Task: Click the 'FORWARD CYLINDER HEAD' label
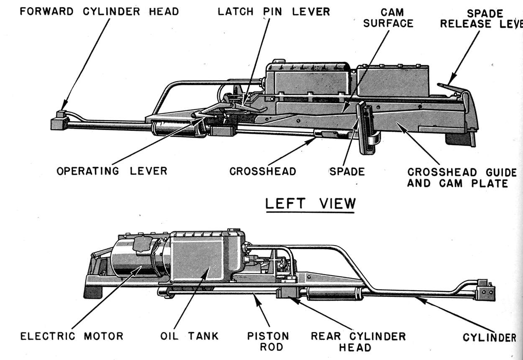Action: pyautogui.click(x=99, y=11)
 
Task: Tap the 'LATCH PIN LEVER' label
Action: pyautogui.click(x=274, y=12)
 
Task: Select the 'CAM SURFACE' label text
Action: pyautogui.click(x=389, y=18)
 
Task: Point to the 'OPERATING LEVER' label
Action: pyautogui.click(x=112, y=171)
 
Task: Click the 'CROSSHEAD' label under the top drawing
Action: pyautogui.click(x=263, y=171)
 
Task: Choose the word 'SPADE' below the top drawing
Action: pyautogui.click(x=347, y=171)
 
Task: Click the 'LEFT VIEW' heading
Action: pyautogui.click(x=310, y=204)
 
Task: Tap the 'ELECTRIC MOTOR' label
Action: pyautogui.click(x=72, y=336)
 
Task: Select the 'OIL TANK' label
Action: pyautogui.click(x=190, y=336)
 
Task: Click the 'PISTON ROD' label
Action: pyautogui.click(x=268, y=342)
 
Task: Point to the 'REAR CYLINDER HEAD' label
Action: pyautogui.click(x=358, y=342)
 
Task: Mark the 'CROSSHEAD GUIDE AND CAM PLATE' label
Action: pyautogui.click(x=462, y=178)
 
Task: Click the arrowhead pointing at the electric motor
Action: pyautogui.click(x=138, y=269)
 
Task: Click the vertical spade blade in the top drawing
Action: pyautogui.click(x=365, y=128)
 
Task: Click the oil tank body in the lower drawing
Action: pyautogui.click(x=205, y=259)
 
